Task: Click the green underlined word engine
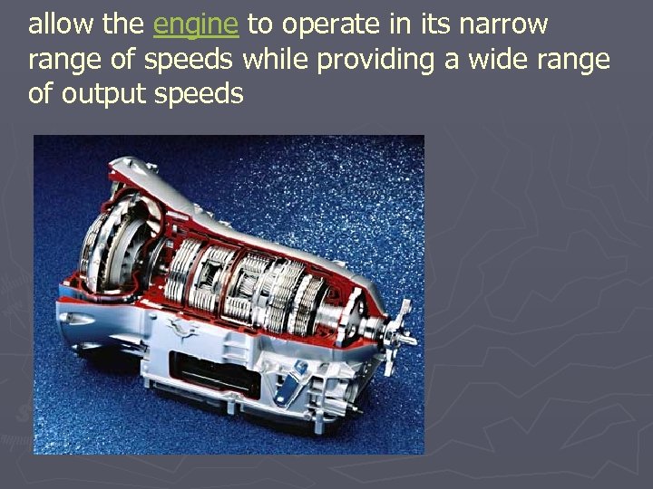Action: (x=196, y=26)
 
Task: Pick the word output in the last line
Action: (x=102, y=95)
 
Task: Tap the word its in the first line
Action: (x=439, y=24)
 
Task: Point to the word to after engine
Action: (x=259, y=25)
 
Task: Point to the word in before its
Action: (x=404, y=24)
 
